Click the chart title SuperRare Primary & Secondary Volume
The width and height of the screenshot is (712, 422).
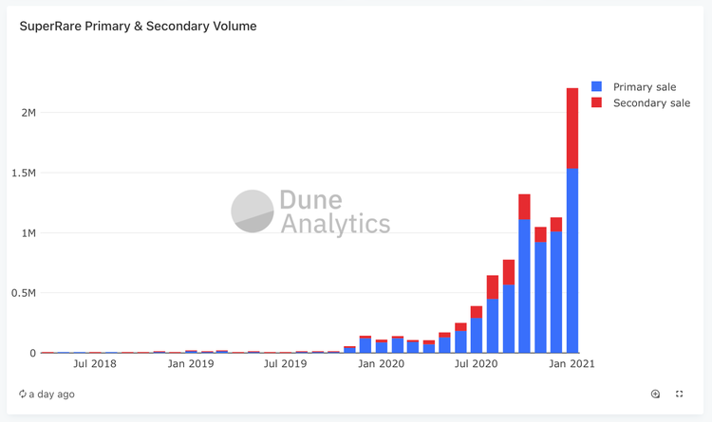coord(138,27)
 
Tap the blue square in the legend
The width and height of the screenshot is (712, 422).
coord(597,86)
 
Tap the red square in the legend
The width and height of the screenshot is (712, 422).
coord(597,102)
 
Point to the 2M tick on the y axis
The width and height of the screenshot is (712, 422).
coord(27,113)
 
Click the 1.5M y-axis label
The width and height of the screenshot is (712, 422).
coord(23,173)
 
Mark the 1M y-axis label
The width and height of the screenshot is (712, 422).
coord(27,233)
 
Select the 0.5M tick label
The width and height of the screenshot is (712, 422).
coord(23,293)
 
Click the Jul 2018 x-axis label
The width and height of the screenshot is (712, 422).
coord(94,363)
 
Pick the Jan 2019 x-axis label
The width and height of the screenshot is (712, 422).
coord(190,363)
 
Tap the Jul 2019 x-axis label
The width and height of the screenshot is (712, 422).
coord(285,363)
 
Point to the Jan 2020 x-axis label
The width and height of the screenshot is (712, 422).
coord(382,363)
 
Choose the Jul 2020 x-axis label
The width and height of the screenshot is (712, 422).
coord(476,363)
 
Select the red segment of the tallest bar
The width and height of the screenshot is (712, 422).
coord(572,128)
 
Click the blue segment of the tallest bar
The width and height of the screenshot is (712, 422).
coord(572,261)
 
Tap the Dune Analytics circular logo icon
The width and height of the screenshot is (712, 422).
coord(253,211)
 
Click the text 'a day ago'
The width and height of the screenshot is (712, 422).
coord(52,394)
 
